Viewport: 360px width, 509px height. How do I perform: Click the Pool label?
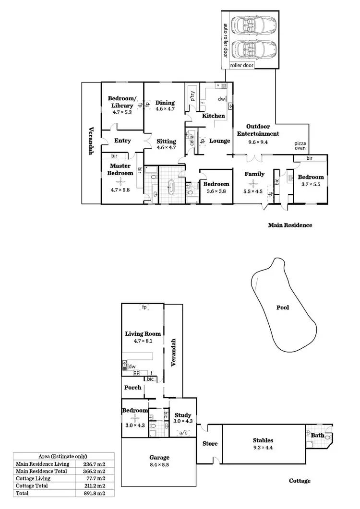[283, 308]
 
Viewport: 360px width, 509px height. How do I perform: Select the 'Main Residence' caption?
[290, 225]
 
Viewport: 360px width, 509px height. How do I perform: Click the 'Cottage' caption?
[300, 481]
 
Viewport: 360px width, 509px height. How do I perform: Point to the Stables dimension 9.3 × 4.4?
[263, 448]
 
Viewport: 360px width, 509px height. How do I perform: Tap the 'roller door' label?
[242, 65]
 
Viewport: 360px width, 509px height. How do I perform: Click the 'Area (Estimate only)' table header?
[63, 456]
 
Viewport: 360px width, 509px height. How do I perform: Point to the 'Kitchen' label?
[213, 116]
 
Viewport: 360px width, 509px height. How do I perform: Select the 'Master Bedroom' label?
[120, 169]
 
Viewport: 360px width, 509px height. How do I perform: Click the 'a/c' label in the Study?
[183, 433]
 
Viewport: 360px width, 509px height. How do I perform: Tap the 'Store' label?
[210, 444]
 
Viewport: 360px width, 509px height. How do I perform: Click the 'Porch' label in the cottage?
[132, 388]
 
